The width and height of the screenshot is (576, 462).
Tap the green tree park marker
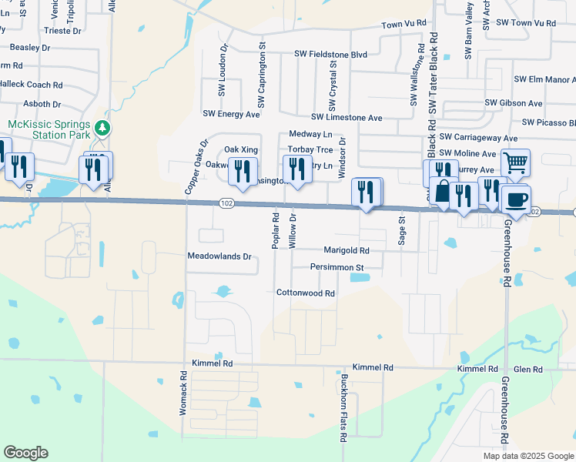tap(102, 129)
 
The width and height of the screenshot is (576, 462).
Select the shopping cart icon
tap(515, 162)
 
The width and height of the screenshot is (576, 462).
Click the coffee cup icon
tap(515, 199)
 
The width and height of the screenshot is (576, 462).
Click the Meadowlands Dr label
tap(219, 256)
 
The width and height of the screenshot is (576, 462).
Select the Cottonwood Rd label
tap(306, 293)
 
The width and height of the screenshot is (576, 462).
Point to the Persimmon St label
tap(337, 267)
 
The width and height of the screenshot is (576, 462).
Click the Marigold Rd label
tap(347, 250)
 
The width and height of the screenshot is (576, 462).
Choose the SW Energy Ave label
tap(231, 114)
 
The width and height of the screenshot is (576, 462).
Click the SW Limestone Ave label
tap(347, 118)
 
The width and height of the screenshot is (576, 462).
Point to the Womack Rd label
tap(183, 394)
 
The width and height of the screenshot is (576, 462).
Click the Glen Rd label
tap(528, 370)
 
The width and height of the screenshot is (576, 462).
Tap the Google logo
tap(25, 453)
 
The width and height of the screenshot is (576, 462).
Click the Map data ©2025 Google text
tap(527, 456)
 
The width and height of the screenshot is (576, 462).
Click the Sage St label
tap(401, 230)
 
